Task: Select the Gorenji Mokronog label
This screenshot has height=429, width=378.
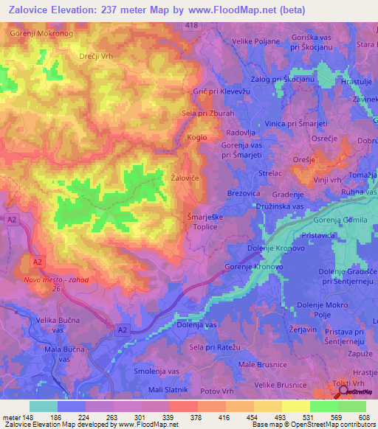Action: tap(41, 34)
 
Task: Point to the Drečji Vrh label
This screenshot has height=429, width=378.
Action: tap(96, 56)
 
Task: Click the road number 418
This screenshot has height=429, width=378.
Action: tap(193, 26)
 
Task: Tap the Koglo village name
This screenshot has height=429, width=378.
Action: tap(197, 137)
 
